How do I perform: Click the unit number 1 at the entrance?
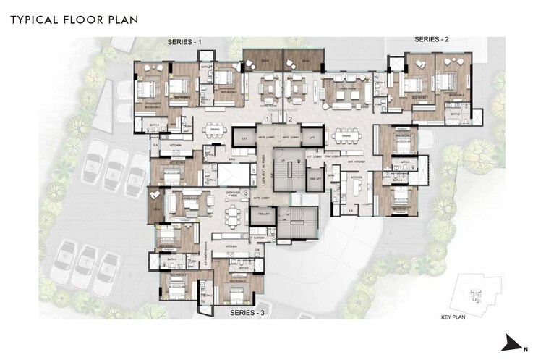pyautogui.click(x=268, y=117)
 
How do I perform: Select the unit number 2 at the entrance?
pyautogui.click(x=290, y=117)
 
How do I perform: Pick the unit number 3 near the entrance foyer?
pyautogui.click(x=247, y=193)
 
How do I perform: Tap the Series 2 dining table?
pyautogui.click(x=345, y=135)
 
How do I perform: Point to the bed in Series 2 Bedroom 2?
pyautogui.click(x=448, y=80)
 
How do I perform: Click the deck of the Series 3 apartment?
pyautogui.click(x=154, y=205)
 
